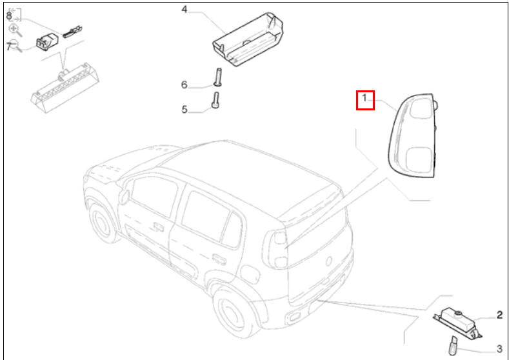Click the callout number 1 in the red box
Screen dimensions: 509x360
[364, 97]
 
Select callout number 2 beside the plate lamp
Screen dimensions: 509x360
[499, 315]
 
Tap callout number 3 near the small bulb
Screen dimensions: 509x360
[499, 349]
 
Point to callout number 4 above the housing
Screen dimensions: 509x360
[185, 10]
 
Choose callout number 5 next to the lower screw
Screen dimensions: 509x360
[185, 110]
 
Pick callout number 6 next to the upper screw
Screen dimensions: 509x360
[184, 85]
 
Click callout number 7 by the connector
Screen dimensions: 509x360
[9, 46]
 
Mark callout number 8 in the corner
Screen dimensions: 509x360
[9, 15]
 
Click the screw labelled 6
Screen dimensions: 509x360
[217, 77]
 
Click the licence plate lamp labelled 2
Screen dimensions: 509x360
[456, 321]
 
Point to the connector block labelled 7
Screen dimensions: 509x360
[46, 41]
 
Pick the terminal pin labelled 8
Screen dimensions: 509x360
[72, 32]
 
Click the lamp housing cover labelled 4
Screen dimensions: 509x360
[248, 39]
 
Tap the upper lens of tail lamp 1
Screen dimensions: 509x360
[421, 108]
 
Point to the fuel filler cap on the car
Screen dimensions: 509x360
[124, 197]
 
